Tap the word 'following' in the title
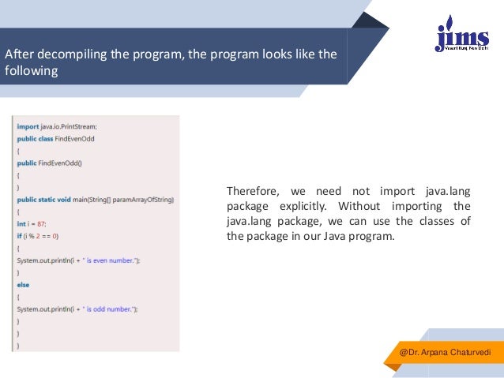click(32, 70)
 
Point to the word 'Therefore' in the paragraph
click(251, 191)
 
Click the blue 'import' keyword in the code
click(28, 125)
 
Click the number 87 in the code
click(41, 223)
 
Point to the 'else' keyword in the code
click(23, 285)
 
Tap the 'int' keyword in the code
click(21, 223)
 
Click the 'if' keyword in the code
click(19, 236)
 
